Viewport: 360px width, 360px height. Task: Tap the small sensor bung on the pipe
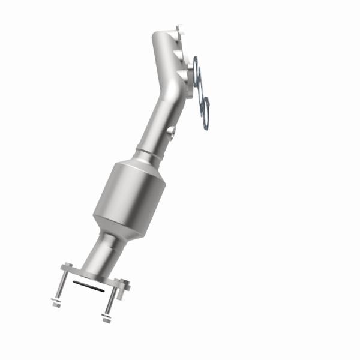tap(171, 131)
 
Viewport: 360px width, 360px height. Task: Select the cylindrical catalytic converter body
tap(130, 195)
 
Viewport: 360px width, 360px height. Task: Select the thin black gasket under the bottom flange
tap(86, 283)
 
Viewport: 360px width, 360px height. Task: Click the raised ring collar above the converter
tap(149, 154)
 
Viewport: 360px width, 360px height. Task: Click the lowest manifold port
tap(183, 76)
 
